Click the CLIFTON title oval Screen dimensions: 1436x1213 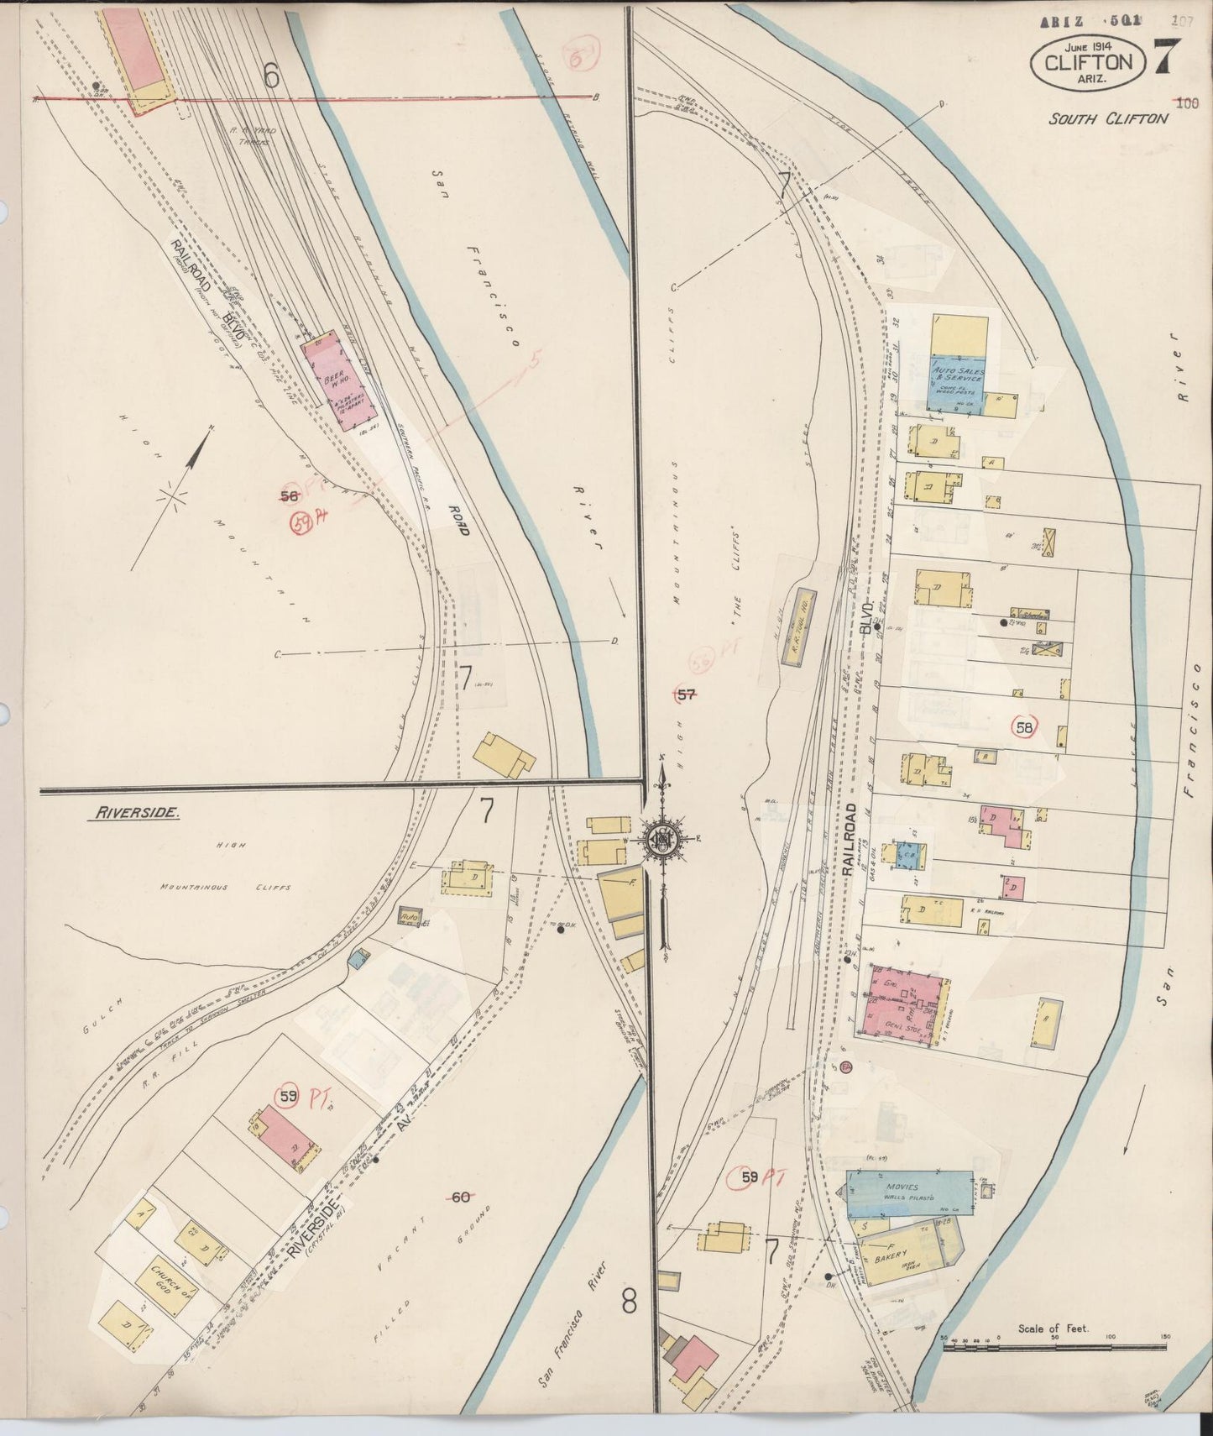[1087, 63]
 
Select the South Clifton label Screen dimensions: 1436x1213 [1107, 118]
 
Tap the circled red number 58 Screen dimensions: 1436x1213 [1023, 728]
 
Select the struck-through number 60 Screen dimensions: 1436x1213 [460, 1198]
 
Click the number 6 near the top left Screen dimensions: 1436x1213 [270, 76]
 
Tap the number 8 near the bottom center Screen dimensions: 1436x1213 [629, 1302]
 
